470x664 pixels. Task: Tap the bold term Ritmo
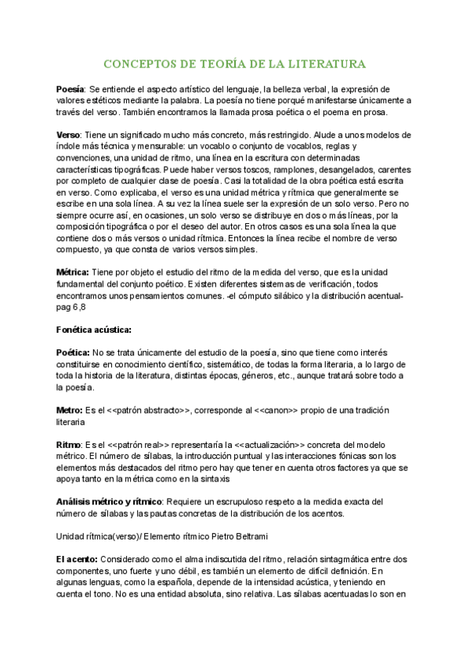(x=70, y=444)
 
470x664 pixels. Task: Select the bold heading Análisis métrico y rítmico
(x=109, y=500)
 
